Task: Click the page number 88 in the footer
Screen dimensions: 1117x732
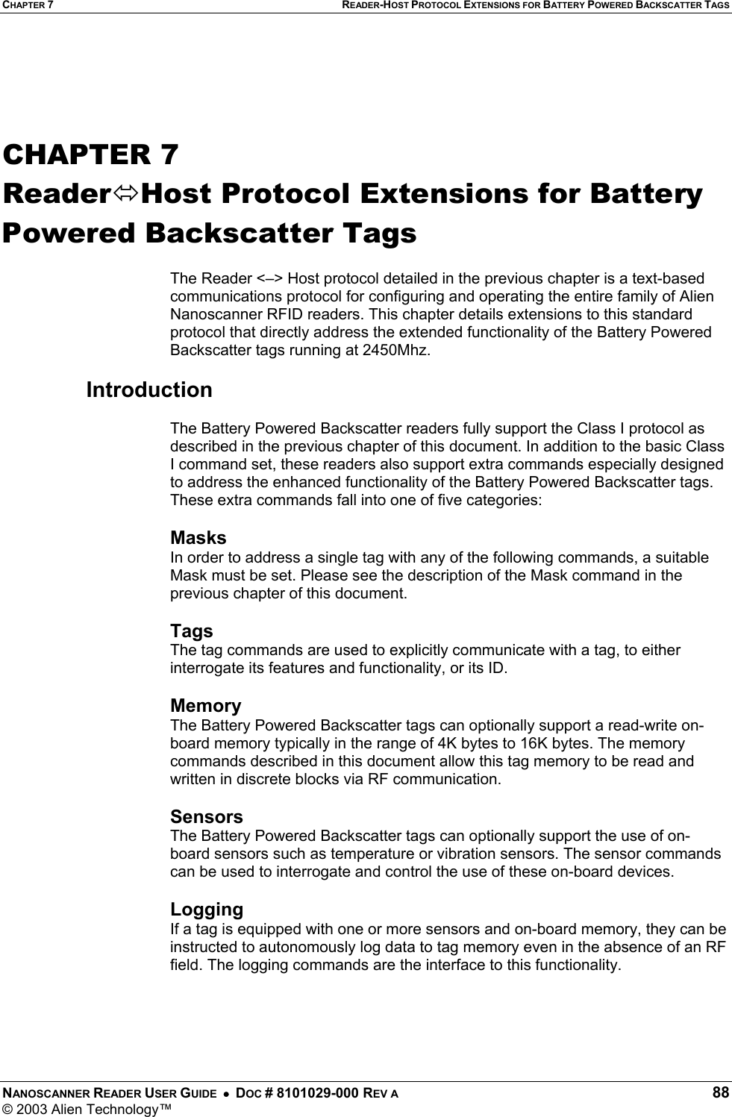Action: point(720,1093)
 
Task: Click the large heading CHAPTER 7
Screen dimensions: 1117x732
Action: point(91,154)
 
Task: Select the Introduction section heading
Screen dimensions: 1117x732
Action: point(149,389)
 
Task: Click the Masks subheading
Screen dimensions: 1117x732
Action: point(198,537)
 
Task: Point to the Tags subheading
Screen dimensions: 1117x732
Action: point(191,631)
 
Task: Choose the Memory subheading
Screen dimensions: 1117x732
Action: point(205,705)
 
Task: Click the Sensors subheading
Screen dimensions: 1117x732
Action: point(206,816)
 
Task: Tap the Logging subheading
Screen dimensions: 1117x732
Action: point(207,909)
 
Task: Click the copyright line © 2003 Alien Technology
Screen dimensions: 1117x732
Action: point(87,1109)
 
